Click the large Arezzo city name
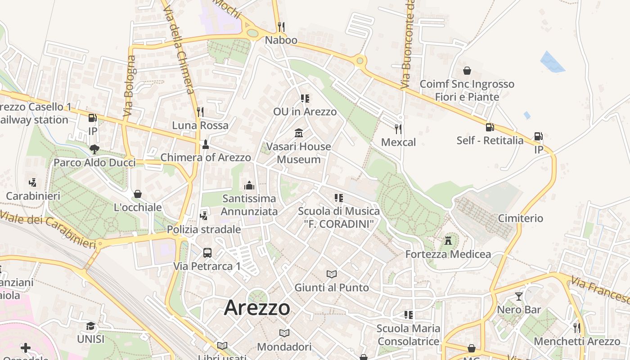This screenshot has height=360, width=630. point(257,308)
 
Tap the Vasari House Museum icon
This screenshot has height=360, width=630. point(299,133)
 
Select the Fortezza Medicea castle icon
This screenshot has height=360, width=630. point(448,240)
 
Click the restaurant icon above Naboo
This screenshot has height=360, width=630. point(281,27)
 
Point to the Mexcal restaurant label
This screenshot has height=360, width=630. point(398,142)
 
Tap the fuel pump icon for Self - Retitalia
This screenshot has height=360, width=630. point(490,127)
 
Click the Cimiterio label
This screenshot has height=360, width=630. point(521,218)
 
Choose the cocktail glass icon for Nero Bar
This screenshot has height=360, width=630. point(519,296)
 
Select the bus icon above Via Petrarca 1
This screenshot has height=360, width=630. point(207,252)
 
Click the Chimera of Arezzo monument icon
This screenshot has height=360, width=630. point(206,144)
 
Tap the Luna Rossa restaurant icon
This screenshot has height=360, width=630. point(200,112)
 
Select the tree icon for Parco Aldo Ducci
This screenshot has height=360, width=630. point(94,149)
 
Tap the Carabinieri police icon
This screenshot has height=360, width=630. point(32,183)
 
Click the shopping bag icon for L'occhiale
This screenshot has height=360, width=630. point(138,194)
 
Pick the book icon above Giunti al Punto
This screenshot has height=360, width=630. point(332,274)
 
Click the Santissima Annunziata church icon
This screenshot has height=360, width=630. point(249,185)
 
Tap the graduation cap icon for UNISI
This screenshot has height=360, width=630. point(90,326)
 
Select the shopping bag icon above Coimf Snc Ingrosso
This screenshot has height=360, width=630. point(467,71)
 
